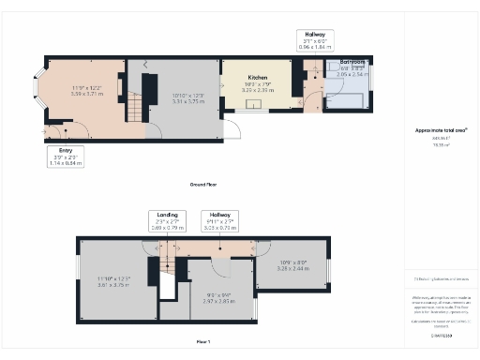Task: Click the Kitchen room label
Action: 259,77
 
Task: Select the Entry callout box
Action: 66,156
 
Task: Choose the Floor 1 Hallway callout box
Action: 219,221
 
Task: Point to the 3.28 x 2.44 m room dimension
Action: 292,267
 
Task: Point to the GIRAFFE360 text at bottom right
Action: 440,334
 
